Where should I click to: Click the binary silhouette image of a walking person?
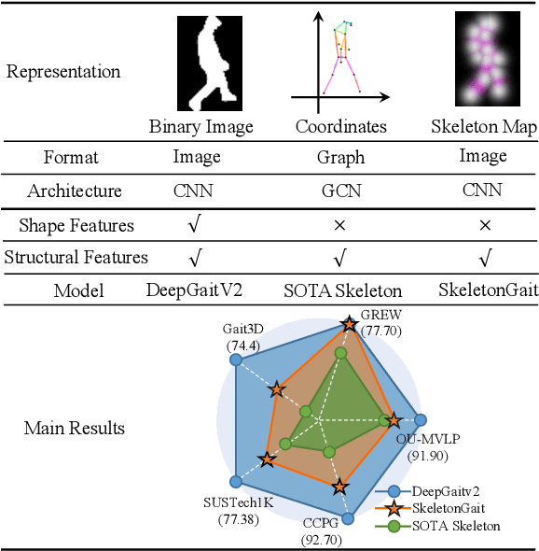(x=202, y=64)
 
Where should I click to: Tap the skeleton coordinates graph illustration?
(x=340, y=58)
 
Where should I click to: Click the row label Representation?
(x=62, y=72)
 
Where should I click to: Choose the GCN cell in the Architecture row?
(x=340, y=191)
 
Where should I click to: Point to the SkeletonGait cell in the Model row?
(x=488, y=290)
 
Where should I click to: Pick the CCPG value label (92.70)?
(x=323, y=539)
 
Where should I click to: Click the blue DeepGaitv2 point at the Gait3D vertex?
(x=236, y=360)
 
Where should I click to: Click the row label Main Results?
(x=74, y=429)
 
